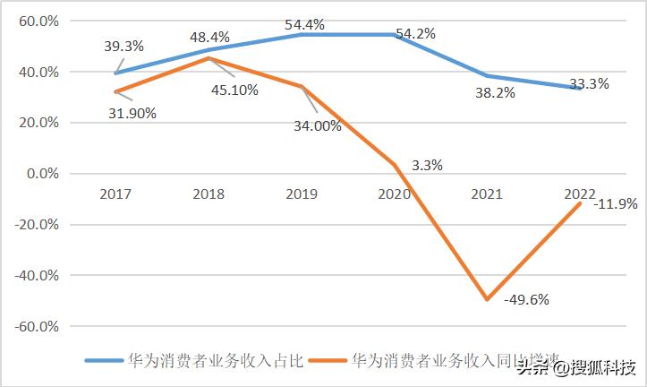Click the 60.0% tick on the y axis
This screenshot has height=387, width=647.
[38, 21]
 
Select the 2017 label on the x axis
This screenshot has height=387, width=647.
[116, 193]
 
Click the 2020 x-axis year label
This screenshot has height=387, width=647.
[394, 193]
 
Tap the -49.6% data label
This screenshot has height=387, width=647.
[526, 299]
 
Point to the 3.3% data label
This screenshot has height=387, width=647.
[427, 165]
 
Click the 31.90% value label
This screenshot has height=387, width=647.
[132, 113]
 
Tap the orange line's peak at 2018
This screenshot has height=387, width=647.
[209, 58]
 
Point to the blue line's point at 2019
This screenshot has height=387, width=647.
[302, 34]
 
